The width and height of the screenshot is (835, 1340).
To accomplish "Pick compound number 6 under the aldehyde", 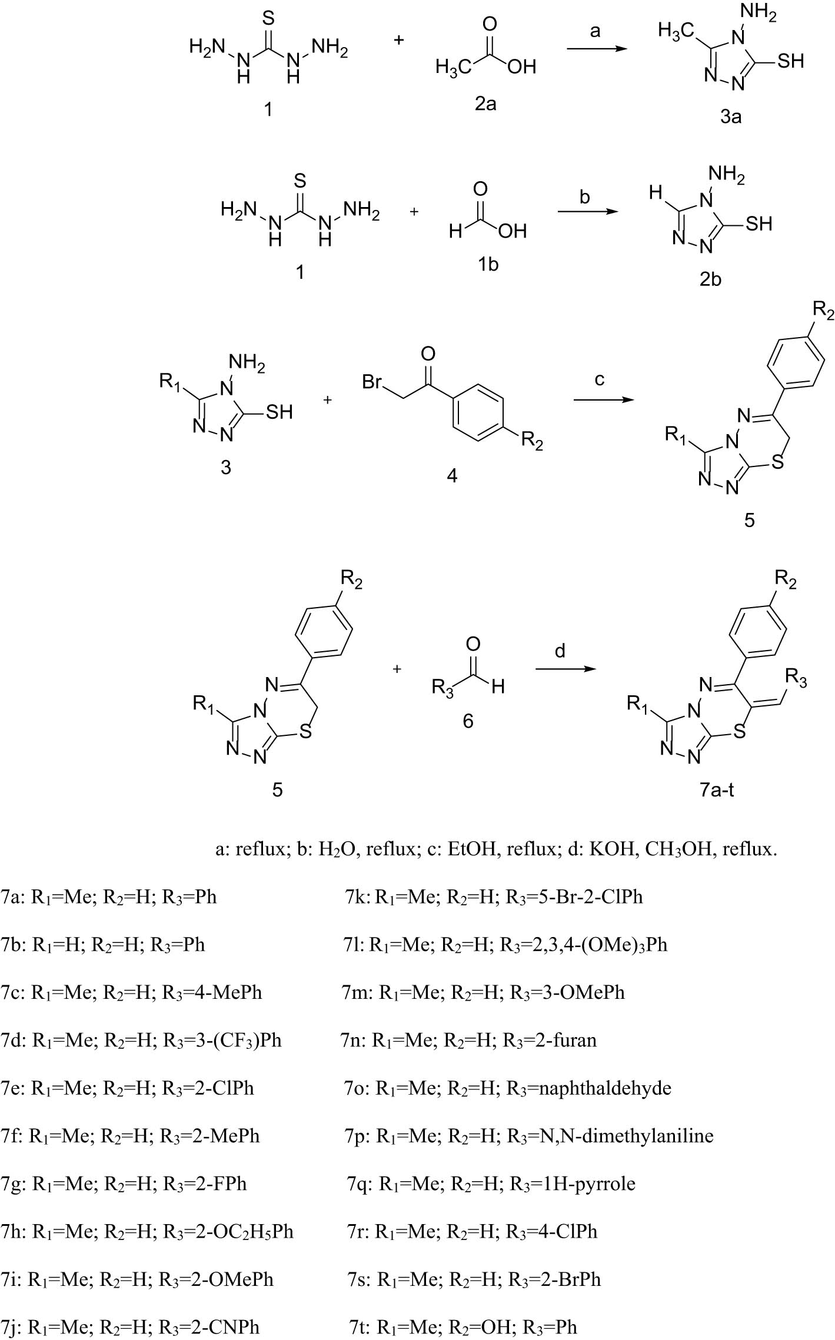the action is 468,721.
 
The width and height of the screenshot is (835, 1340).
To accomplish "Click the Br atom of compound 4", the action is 372,382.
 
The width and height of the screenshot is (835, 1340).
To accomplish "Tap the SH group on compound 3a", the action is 790,61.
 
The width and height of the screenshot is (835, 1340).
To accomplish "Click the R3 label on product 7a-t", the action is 796,681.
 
